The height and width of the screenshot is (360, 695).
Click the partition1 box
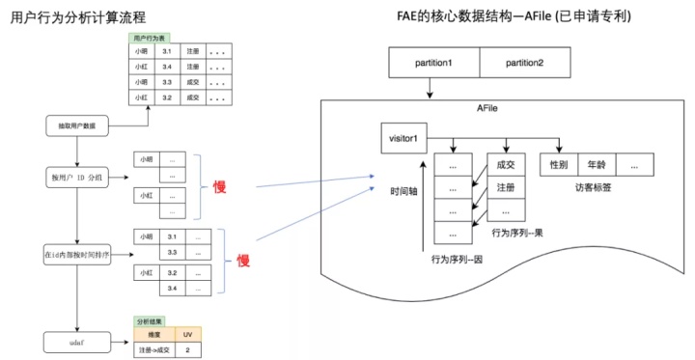coord(433,63)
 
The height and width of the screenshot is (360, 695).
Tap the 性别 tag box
coord(558,165)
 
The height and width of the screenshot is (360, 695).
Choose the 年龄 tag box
coord(596,165)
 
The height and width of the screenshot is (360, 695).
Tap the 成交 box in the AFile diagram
coord(505,165)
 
